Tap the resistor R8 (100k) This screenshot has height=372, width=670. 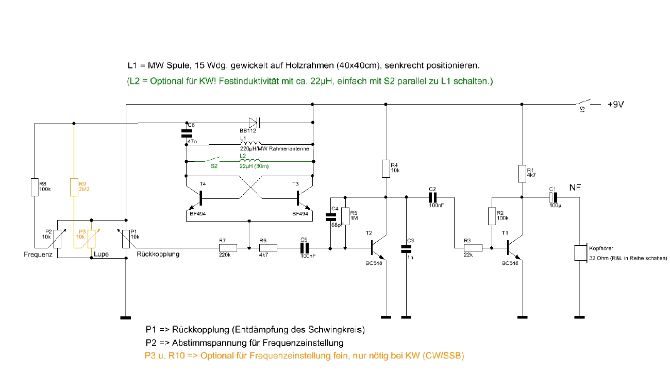(35, 187)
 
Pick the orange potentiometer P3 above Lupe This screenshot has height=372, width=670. (91, 238)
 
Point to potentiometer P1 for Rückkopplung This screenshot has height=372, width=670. (126, 238)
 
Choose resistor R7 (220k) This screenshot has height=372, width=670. (228, 248)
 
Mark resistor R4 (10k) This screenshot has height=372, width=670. (386, 168)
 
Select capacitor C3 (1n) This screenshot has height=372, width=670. (406, 249)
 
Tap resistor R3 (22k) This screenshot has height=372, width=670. (473, 248)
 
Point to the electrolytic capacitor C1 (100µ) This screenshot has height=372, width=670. (554, 197)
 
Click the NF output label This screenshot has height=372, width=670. (575, 188)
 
